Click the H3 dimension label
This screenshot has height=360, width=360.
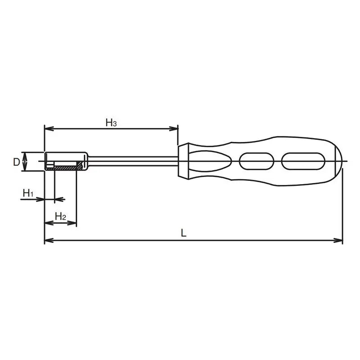(x=111, y=122)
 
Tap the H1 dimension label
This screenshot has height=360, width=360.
(x=28, y=193)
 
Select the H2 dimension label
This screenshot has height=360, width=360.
(x=60, y=216)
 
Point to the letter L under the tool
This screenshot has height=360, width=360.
(x=184, y=233)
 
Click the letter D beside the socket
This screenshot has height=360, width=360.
(x=16, y=162)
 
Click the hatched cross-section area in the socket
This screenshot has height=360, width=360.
(x=65, y=168)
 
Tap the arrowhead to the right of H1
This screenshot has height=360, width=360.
(x=62, y=198)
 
